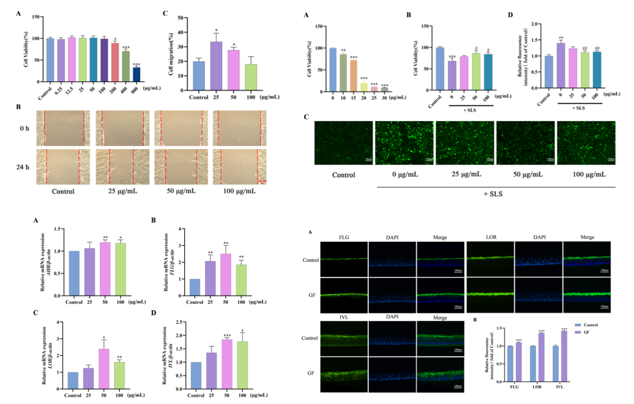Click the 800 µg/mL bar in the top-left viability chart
tap(136, 74)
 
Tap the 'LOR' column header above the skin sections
tap(490, 236)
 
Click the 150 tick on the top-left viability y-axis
tap(35, 17)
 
